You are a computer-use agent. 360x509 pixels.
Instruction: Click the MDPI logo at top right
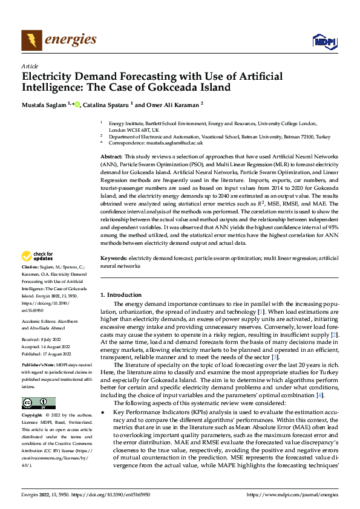[x=322, y=41]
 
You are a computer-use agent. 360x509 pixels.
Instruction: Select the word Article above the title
[x=30, y=66]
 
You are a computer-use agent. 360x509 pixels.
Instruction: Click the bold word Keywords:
[x=115, y=257]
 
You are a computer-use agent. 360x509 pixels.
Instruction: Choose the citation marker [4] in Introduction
[x=319, y=395]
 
